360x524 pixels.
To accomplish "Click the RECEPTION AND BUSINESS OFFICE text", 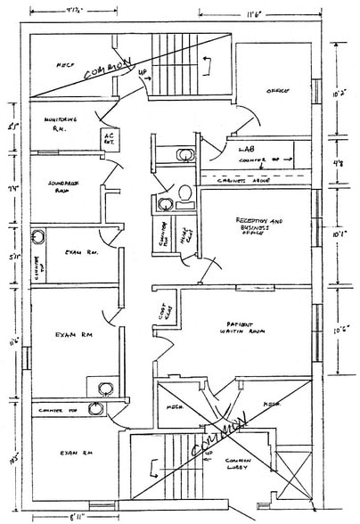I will (x=259, y=228).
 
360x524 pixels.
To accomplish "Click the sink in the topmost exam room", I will (x=39, y=237).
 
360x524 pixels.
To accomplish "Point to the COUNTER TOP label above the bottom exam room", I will (x=53, y=411).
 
